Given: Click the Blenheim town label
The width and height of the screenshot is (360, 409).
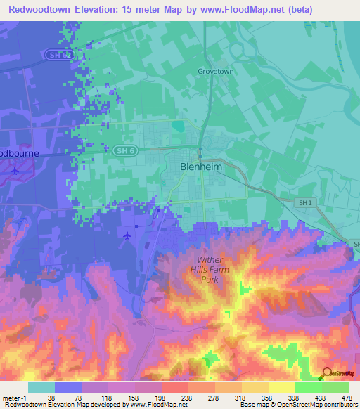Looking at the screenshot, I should coord(202,167).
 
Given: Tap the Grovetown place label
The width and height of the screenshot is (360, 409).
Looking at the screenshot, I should coord(216,72).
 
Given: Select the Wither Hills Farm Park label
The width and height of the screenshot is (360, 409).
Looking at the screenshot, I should coord(209,270).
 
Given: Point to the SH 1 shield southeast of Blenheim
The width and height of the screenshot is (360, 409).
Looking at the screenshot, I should coord(303,202).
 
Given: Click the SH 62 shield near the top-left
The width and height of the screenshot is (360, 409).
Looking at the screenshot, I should coord(58,54).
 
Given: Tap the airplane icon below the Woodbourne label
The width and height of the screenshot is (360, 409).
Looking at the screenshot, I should coord(15,170).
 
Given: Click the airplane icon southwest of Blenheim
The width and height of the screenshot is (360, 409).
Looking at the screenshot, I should coord(127,235).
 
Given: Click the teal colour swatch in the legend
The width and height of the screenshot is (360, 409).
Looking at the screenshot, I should coord(41,387).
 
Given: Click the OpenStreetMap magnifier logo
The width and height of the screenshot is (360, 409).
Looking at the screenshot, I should coord(326,373).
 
